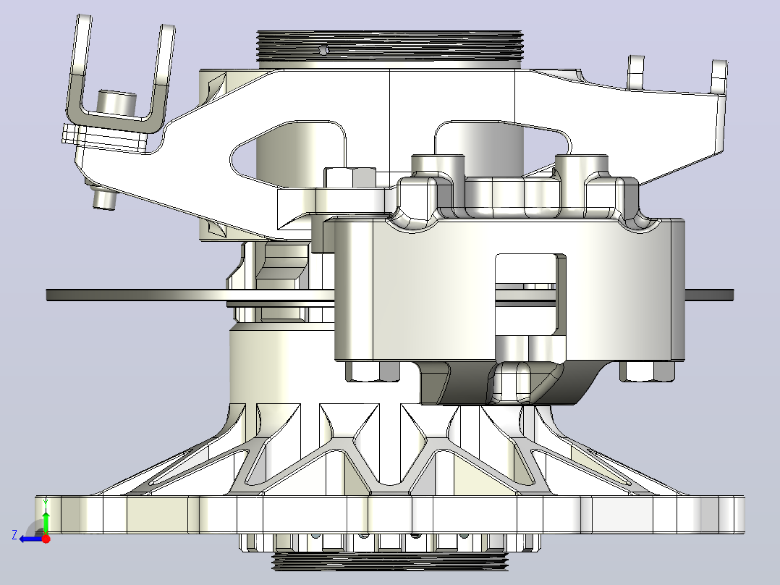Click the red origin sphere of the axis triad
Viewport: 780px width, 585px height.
coord(46,538)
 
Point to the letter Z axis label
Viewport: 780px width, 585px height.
coord(14,535)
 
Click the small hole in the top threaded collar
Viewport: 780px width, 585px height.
coord(324,49)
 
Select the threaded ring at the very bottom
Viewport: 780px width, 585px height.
coord(391,561)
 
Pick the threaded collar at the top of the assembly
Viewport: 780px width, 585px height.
coord(389,46)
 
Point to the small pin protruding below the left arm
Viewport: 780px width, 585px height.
coord(104,200)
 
